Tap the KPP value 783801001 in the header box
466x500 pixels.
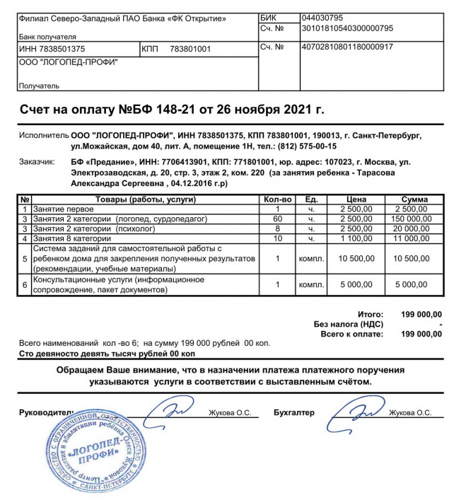pyautogui.click(x=190, y=49)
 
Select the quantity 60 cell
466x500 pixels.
pyautogui.click(x=278, y=219)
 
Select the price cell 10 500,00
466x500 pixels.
pyautogui.click(x=356, y=259)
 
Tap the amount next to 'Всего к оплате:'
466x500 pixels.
pyautogui.click(x=421, y=333)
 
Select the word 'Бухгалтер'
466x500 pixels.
pyautogui.click(x=294, y=412)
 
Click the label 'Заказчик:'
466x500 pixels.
pyautogui.click(x=36, y=162)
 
